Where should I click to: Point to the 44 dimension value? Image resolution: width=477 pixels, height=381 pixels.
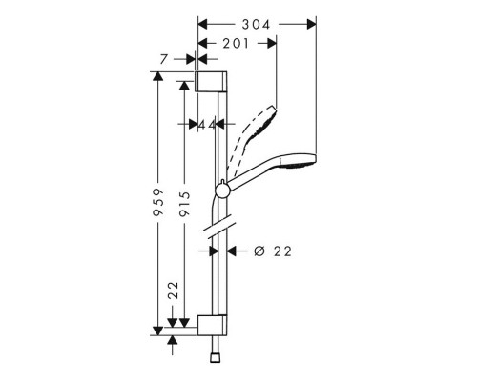click(x=205, y=124)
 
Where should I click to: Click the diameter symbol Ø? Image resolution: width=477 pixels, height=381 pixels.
click(x=258, y=251)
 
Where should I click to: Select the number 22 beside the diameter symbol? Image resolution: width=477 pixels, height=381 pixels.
click(x=280, y=251)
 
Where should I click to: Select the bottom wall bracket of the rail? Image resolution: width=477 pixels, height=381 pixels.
click(x=213, y=323)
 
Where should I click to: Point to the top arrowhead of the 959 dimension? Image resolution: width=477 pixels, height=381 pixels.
click(x=157, y=74)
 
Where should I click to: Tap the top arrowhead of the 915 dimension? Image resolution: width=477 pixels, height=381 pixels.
click(x=182, y=83)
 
